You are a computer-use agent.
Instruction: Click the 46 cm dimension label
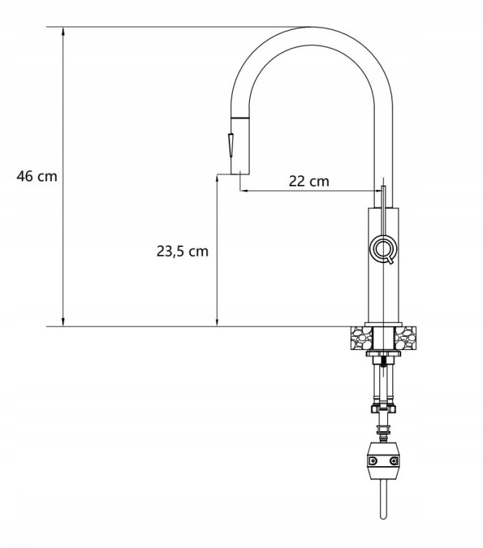(x=37, y=176)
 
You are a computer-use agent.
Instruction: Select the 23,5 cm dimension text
(x=182, y=251)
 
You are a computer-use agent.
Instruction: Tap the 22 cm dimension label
(x=309, y=181)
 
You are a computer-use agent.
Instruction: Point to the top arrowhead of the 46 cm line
(x=64, y=31)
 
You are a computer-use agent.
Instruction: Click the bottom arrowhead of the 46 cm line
(x=64, y=322)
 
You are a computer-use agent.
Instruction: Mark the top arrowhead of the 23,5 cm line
(x=217, y=178)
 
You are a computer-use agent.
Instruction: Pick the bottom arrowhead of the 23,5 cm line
(x=217, y=322)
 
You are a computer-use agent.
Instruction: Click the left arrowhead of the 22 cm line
(x=244, y=191)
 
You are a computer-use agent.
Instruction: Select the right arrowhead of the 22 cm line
(x=379, y=191)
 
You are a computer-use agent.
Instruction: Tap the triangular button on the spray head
(x=231, y=145)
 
